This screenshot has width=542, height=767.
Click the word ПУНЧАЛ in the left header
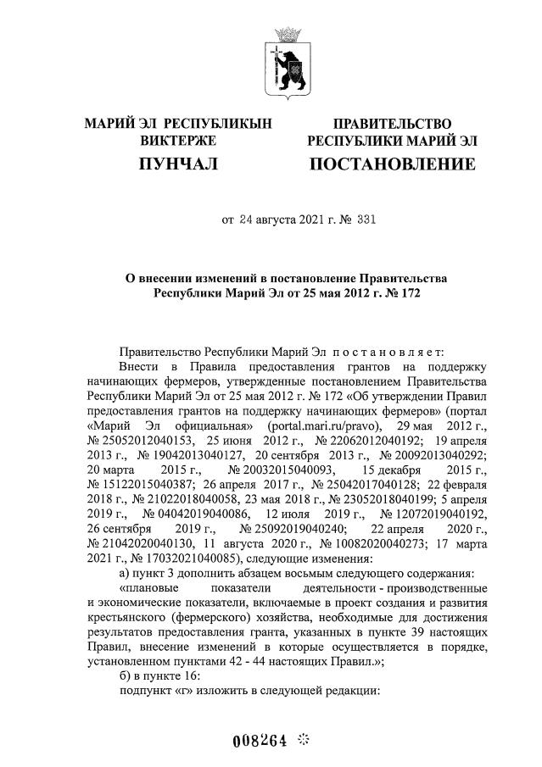point(178,163)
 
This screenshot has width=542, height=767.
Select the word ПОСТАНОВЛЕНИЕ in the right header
point(392,163)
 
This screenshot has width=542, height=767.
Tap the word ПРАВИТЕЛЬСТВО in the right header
point(392,125)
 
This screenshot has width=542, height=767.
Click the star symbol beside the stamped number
point(304,738)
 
